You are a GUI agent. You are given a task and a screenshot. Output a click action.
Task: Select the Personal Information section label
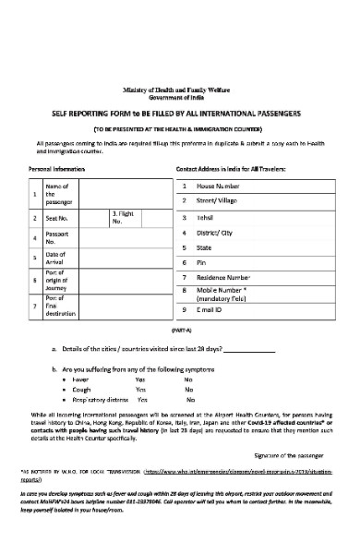tap(54, 171)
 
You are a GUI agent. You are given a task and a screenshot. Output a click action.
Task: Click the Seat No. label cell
tap(57, 219)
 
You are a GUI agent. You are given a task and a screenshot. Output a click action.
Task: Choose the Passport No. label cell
tap(57, 239)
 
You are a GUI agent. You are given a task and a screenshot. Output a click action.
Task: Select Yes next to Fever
tap(140, 379)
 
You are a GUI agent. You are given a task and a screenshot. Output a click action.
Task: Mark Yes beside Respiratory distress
tap(143, 400)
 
